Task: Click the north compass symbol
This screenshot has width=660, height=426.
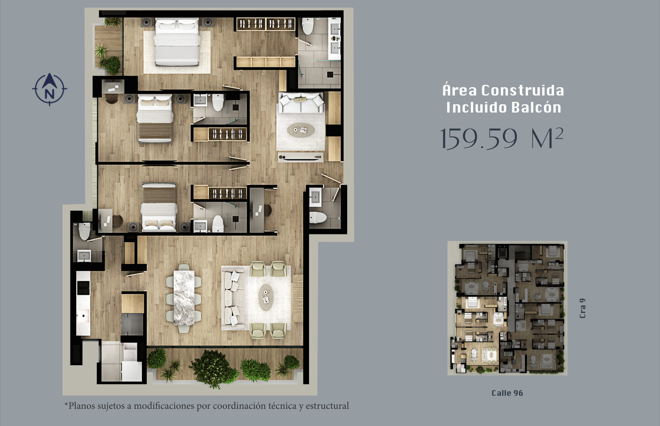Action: [49, 89]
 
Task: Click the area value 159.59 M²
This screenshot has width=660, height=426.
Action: [502, 138]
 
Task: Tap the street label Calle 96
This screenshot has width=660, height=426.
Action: [507, 393]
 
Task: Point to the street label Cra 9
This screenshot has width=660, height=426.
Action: [583, 308]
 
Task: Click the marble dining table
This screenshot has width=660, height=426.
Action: [184, 298]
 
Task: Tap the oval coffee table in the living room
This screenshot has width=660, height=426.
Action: [266, 297]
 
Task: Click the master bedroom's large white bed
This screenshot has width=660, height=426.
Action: [177, 42]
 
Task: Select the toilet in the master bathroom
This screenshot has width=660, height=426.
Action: [307, 26]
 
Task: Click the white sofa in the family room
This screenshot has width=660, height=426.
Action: [301, 102]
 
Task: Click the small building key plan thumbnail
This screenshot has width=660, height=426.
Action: [507, 308]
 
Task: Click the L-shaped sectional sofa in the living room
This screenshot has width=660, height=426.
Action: [233, 298]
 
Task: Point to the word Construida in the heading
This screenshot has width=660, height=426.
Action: [523, 90]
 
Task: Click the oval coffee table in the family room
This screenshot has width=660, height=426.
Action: [301, 130]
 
